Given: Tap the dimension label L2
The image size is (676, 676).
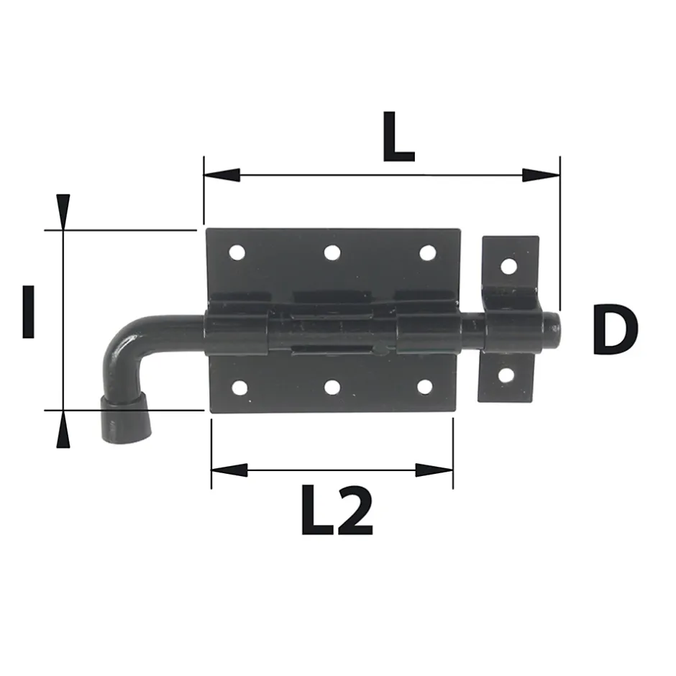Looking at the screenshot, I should pyautogui.click(x=337, y=511).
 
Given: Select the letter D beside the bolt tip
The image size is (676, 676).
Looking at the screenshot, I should pyautogui.click(x=615, y=330).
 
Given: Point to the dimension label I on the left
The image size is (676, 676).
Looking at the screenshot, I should pyautogui.click(x=28, y=311).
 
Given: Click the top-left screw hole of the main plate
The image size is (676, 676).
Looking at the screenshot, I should pyautogui.click(x=237, y=252).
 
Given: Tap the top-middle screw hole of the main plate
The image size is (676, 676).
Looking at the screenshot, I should pyautogui.click(x=332, y=252).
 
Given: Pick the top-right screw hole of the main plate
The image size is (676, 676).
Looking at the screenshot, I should pyautogui.click(x=427, y=253).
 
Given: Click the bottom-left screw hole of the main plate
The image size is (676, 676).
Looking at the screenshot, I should pyautogui.click(x=239, y=388).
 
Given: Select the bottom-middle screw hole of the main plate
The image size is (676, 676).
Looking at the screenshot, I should pyautogui.click(x=332, y=388).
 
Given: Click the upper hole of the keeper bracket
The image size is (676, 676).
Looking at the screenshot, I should pyautogui.click(x=508, y=266).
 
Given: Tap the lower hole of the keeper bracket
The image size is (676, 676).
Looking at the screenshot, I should pyautogui.click(x=506, y=375).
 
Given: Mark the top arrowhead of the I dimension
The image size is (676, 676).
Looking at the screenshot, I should pyautogui.click(x=63, y=211).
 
